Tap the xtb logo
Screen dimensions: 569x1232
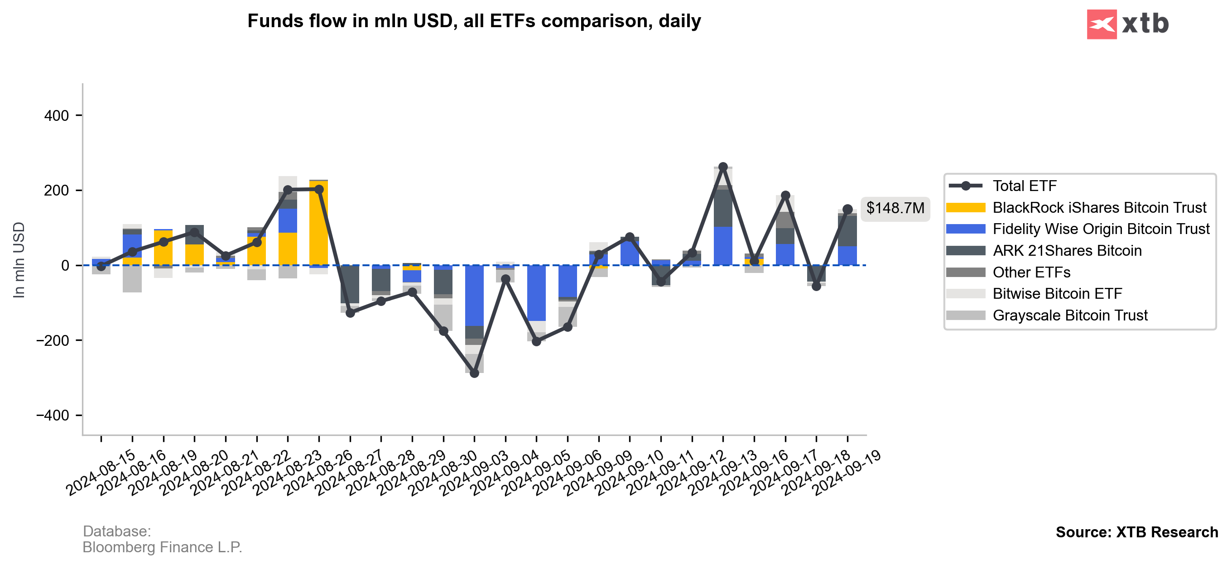tap(1127, 24)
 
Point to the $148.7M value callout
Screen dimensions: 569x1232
tap(895, 209)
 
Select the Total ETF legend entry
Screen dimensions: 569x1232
tap(1024, 186)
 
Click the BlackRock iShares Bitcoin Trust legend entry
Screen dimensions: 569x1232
tap(1099, 207)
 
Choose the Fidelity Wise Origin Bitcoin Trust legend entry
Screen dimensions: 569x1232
tap(1101, 229)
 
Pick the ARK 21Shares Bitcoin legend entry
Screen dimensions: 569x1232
tap(1067, 251)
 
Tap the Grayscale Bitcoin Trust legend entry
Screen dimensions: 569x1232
tap(1069, 316)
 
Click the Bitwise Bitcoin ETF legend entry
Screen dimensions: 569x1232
tap(1057, 294)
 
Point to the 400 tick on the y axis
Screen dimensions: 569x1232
tap(57, 116)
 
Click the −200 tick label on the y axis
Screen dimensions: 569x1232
tap(52, 340)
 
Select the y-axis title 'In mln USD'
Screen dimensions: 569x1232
tap(19, 260)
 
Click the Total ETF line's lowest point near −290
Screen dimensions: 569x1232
tap(474, 373)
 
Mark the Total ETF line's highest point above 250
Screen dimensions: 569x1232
tap(722, 167)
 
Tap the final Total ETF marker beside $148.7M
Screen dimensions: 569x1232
tap(847, 210)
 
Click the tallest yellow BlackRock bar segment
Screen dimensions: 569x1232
tap(318, 223)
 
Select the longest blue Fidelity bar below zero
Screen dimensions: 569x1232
tap(474, 296)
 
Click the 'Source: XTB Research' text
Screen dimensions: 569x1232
tap(1136, 532)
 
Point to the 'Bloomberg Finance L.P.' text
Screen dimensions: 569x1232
tap(162, 547)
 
